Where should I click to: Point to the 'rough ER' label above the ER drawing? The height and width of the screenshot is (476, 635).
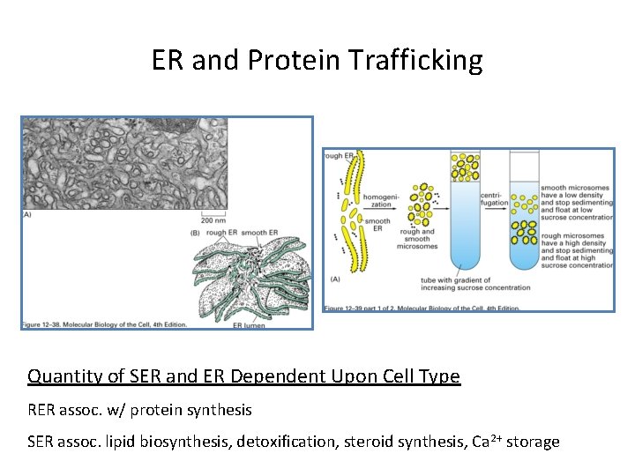tap(220, 233)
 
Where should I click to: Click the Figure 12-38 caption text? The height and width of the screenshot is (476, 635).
tap(104, 324)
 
